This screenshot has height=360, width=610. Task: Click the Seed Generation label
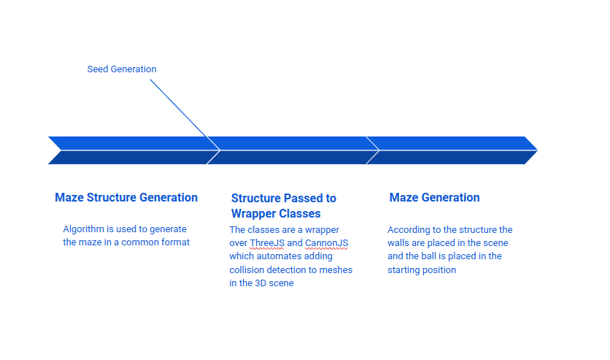pyautogui.click(x=122, y=69)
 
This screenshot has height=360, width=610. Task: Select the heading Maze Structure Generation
pyautogui.click(x=126, y=197)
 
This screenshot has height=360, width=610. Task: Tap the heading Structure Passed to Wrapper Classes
pyautogui.click(x=283, y=205)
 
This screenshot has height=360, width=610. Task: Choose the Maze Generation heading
pyautogui.click(x=434, y=197)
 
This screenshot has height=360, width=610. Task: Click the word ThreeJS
pyautogui.click(x=267, y=243)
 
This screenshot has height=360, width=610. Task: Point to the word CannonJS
pyautogui.click(x=326, y=243)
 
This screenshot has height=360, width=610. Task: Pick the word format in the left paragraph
pyautogui.click(x=174, y=242)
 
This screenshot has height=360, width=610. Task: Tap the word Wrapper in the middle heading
pyautogui.click(x=255, y=213)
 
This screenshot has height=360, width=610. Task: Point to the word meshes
pyautogui.click(x=336, y=269)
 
